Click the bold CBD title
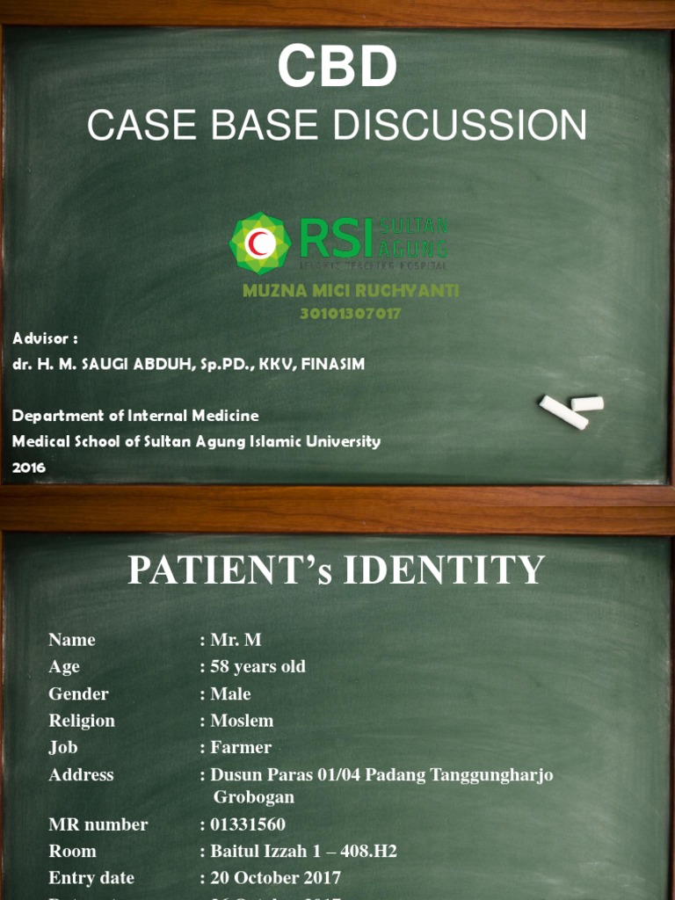337,68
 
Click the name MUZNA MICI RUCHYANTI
350,291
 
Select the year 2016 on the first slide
29,468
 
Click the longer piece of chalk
562,413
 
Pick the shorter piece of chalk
587,403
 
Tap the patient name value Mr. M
236,640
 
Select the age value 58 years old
258,667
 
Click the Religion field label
82,721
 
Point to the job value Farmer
241,748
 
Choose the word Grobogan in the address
254,797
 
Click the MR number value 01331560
247,824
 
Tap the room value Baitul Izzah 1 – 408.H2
303,852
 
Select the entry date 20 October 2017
275,878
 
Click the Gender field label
78,694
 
